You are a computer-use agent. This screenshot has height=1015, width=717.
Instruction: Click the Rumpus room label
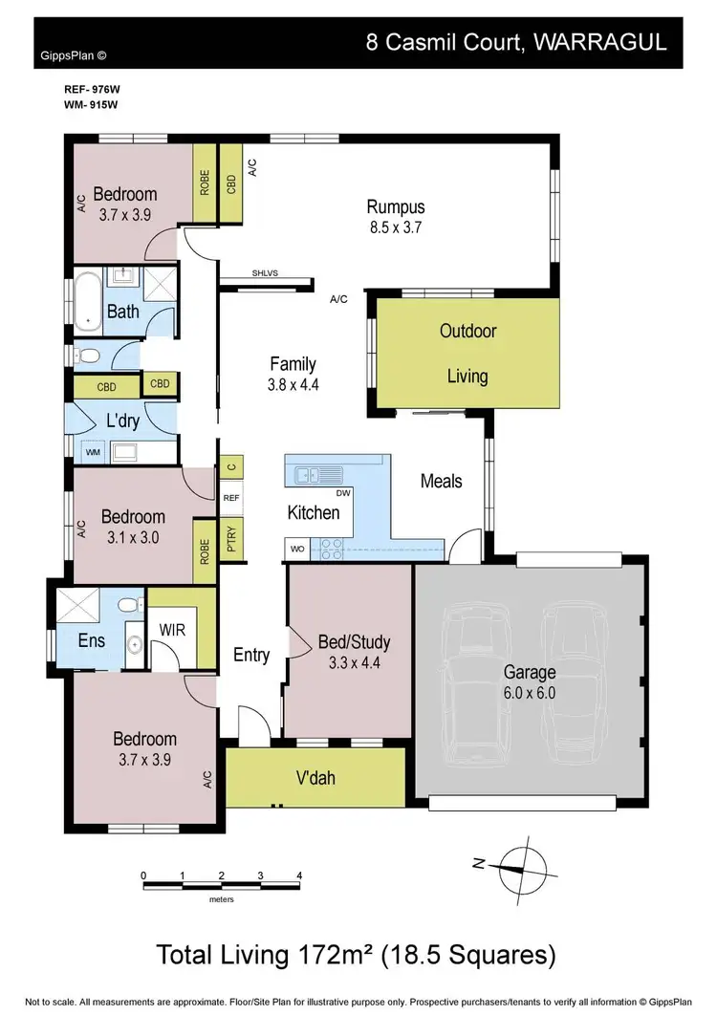(396, 206)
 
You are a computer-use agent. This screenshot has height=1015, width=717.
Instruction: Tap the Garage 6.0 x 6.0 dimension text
(530, 693)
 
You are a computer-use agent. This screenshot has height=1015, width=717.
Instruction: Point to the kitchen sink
(315, 474)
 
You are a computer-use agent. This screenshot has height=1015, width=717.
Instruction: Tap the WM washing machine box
(93, 451)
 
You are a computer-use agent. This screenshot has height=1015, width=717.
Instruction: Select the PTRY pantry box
(231, 538)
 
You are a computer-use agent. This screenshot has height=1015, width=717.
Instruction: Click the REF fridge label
(231, 498)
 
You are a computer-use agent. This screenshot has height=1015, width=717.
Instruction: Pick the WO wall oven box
(297, 550)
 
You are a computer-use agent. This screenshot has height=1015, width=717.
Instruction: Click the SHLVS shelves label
(265, 272)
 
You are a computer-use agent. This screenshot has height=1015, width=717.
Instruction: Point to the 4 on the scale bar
(299, 875)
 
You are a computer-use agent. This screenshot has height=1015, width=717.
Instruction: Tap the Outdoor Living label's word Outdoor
(467, 331)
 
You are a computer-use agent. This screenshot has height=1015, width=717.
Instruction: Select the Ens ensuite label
(92, 640)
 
